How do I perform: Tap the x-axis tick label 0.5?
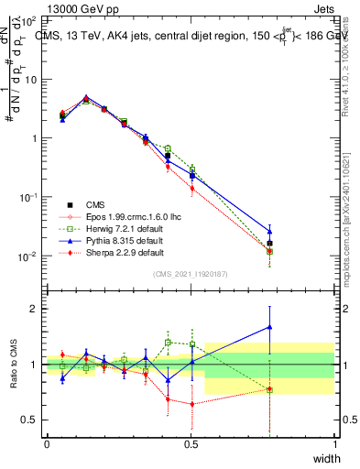pyautogui.click(x=191, y=442)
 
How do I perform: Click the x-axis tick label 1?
pyautogui.click(x=334, y=442)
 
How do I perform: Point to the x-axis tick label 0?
pyautogui.click(x=47, y=442)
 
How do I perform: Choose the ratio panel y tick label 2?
pyautogui.click(x=35, y=309)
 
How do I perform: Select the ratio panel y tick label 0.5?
pyautogui.click(x=30, y=419)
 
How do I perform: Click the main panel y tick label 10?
pyautogui.click(x=30, y=80)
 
